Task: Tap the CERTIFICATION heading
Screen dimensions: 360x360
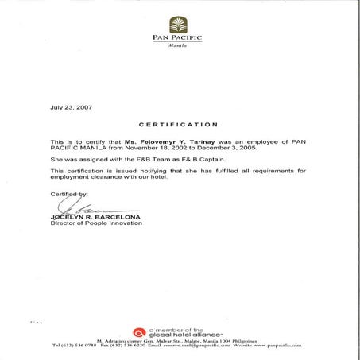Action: (178, 125)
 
